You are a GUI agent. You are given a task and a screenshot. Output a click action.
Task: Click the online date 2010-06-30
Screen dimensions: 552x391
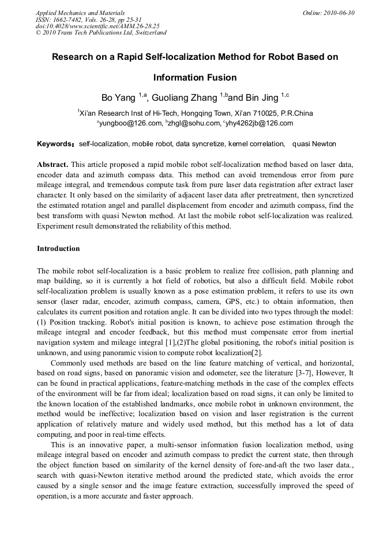339,13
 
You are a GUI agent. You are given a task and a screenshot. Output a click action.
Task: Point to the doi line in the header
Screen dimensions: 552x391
97,26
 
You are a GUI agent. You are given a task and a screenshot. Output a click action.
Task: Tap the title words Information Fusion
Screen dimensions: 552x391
195,77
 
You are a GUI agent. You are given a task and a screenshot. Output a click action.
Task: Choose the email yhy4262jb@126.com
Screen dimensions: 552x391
260,123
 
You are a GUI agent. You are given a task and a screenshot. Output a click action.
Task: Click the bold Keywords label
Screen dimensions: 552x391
55,143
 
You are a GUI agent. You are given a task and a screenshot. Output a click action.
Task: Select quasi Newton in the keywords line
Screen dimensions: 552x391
314,143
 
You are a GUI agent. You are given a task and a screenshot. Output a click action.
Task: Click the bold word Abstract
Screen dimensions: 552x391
52,164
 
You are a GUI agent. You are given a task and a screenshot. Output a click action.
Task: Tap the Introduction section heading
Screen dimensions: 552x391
58,249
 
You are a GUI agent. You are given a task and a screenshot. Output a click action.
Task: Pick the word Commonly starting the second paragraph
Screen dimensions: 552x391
69,363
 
